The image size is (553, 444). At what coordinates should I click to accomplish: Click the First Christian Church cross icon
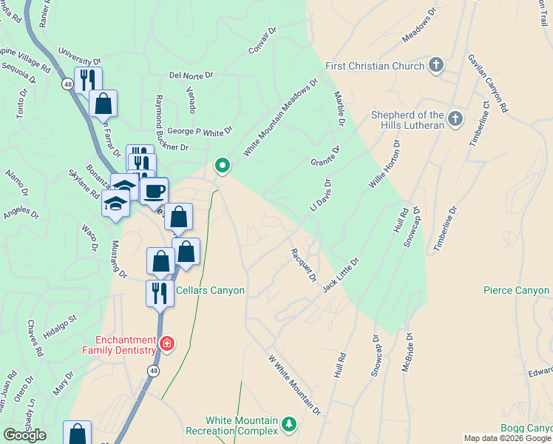[x=436, y=65]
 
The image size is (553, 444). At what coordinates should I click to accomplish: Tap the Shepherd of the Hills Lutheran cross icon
[x=455, y=118]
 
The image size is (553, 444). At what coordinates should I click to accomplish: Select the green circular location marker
[x=221, y=164]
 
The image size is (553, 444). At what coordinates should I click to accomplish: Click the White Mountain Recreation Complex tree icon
[x=290, y=425]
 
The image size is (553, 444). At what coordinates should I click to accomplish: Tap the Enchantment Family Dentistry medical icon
[x=168, y=344]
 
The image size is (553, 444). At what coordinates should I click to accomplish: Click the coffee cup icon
[x=154, y=192]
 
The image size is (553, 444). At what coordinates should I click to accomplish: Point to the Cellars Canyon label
[x=210, y=290]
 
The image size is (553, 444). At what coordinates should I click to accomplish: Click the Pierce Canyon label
[x=516, y=290]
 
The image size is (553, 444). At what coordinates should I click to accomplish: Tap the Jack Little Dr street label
[x=340, y=274]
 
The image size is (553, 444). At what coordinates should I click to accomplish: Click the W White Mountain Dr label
[x=294, y=385]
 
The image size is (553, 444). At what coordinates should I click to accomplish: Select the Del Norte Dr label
[x=191, y=75]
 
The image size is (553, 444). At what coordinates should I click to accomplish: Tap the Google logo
[x=24, y=435]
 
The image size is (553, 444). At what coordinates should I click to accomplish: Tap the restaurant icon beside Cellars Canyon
[x=159, y=294]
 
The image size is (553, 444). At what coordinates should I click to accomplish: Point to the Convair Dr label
[x=262, y=42]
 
